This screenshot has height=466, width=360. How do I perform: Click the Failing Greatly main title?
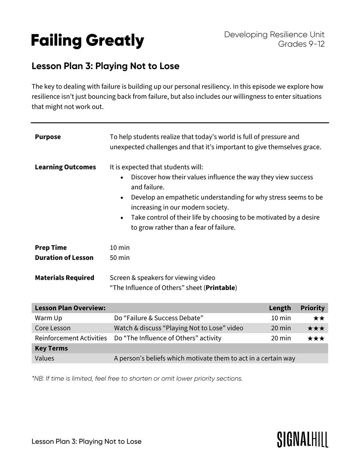pos(88,41)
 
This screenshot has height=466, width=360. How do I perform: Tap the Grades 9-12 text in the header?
pos(301,44)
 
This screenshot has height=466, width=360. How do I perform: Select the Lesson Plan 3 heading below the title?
pos(105,66)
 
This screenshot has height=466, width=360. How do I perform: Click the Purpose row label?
pos(48,137)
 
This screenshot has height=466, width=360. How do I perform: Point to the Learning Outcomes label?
pos(65,167)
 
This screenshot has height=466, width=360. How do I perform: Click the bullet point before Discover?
pos(122,177)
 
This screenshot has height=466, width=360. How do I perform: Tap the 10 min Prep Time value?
pos(120,248)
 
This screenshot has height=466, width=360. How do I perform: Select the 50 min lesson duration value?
pos(120,258)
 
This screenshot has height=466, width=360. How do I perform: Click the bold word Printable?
pos(220,288)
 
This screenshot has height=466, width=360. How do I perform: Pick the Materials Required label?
pos(64,278)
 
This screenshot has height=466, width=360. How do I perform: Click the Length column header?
pos(280,308)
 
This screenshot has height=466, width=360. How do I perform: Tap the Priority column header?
pos(312,308)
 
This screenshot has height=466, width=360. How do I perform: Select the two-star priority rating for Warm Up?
pos(319,319)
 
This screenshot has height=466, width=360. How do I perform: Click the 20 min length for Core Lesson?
pos(281,328)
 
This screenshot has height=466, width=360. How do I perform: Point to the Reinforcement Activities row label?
pos(71,338)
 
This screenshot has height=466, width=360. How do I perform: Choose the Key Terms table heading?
pos(51,348)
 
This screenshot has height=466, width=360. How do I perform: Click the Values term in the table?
pos(44,358)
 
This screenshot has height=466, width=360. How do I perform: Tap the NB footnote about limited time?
pos(137,378)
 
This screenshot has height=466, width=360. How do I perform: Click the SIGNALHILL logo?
pos(302,439)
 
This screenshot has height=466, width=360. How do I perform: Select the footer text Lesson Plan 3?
pos(86,442)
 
